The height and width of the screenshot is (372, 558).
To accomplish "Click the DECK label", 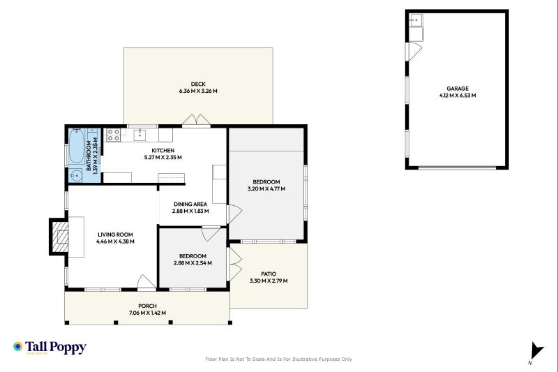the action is click(198, 84).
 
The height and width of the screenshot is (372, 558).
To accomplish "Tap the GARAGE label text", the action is click(458, 88).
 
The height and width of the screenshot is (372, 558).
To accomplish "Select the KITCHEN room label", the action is click(163, 151).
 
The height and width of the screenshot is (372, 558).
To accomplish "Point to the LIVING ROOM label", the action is click(115, 235).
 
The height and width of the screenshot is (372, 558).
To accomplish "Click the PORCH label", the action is click(147, 306).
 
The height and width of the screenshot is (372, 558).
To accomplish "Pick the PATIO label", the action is click(269, 274).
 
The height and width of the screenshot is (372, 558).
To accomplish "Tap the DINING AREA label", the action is click(190, 204).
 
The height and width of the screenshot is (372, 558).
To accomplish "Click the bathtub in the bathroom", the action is click(76, 146).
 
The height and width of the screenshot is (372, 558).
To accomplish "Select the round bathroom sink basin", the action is click(76, 175).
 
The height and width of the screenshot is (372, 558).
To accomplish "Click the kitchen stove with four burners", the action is click(114, 135).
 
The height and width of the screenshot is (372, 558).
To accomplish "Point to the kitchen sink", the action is click(140, 135).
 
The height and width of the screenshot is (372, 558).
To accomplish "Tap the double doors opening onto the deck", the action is click(196, 120).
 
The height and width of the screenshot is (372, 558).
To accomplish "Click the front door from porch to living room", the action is click(146, 282).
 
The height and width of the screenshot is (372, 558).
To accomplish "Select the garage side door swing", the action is click(415, 52).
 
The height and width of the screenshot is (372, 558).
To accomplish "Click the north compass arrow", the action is click(536, 351).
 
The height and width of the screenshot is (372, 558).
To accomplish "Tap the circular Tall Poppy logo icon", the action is click(18, 346).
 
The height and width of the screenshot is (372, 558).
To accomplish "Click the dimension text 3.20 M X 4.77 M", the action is click(266, 188).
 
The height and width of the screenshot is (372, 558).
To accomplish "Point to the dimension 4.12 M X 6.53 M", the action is click(458, 96).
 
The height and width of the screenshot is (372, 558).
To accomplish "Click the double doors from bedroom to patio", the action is click(234, 264).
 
